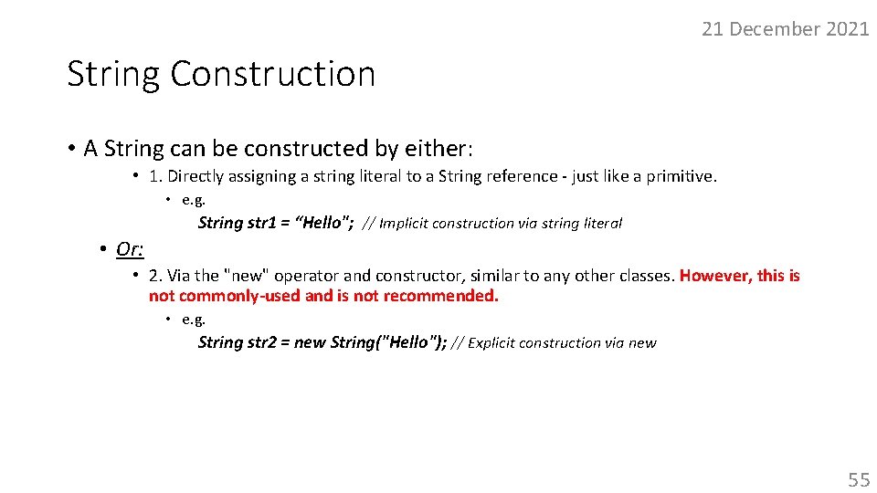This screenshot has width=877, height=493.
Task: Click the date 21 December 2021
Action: pyautogui.click(x=785, y=29)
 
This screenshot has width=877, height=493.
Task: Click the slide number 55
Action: pyautogui.click(x=859, y=479)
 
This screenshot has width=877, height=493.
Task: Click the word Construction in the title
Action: pyautogui.click(x=272, y=74)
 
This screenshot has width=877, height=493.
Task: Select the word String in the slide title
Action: pyautogui.click(x=113, y=74)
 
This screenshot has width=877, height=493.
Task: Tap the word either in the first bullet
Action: pyautogui.click(x=436, y=148)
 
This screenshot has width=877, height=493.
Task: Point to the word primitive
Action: pyautogui.click(x=680, y=176)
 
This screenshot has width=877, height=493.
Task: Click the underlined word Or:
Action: pyautogui.click(x=130, y=248)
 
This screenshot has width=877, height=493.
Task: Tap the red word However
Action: pyautogui.click(x=713, y=276)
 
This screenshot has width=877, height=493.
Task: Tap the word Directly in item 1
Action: pyautogui.click(x=195, y=176)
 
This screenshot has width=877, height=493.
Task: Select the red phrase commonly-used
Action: pyautogui.click(x=239, y=296)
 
